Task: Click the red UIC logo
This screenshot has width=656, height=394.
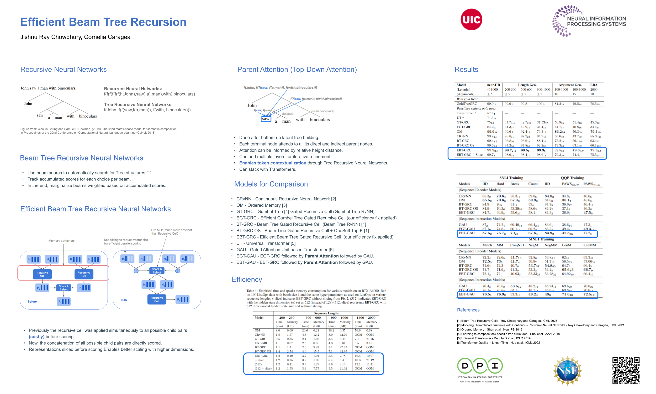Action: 471,19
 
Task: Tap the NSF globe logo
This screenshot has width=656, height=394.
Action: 567,371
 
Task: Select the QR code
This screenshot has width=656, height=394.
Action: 626,371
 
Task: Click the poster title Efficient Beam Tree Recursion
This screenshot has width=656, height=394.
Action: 103,22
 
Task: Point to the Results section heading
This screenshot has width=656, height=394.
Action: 466,70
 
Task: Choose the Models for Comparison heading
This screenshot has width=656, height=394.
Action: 271,184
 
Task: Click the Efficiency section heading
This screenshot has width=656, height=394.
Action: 247,279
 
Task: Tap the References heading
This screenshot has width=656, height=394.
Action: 468,310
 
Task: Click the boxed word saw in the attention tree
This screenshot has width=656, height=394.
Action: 266,119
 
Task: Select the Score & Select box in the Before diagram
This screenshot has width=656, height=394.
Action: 64,288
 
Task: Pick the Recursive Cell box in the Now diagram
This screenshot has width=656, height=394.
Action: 157,299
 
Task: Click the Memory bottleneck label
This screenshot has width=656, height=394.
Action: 62,241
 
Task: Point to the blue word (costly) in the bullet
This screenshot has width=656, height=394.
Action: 36,337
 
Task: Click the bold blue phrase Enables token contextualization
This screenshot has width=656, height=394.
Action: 273,163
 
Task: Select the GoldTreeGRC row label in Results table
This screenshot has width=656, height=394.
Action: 467,104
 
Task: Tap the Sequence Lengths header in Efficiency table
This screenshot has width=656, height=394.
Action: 326,313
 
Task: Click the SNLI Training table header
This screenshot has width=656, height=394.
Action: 511,178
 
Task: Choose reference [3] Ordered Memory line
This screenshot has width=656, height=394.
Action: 489,329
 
